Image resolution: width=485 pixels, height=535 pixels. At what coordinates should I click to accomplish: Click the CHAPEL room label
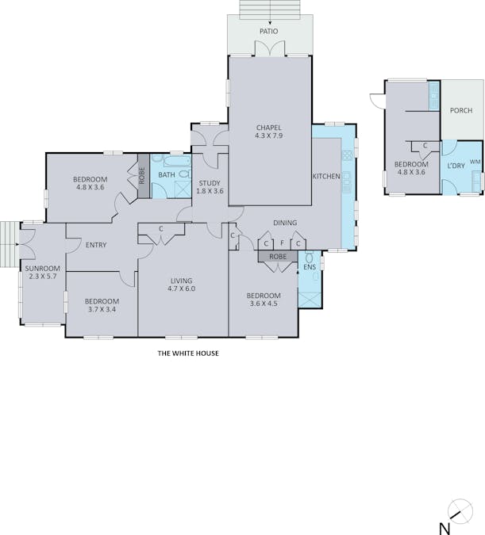tap(269, 128)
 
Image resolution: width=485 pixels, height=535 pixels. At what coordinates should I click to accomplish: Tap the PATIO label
tap(268, 32)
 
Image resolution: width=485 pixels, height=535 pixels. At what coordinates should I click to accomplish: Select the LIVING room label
tap(182, 281)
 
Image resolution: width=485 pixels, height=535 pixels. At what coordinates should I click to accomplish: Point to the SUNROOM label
tap(43, 269)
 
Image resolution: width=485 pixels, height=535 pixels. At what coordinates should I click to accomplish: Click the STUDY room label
tap(210, 183)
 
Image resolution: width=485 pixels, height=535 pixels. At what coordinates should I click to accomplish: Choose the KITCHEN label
tap(326, 177)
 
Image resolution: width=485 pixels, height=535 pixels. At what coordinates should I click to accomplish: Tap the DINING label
tap(285, 223)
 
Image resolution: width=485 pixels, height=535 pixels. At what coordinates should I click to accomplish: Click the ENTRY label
tap(96, 245)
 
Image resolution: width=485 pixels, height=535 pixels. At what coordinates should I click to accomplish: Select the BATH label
tap(167, 175)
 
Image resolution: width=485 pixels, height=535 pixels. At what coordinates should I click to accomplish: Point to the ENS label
tap(310, 267)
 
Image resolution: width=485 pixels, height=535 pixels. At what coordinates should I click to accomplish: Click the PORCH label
tap(461, 110)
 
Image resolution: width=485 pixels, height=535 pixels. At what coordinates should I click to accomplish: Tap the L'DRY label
tap(456, 166)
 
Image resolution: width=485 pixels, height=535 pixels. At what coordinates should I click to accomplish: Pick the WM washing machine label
tap(475, 162)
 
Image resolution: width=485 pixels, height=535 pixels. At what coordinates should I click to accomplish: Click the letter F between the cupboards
tap(282, 243)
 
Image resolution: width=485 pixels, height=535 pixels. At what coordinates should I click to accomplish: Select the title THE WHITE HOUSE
tap(188, 353)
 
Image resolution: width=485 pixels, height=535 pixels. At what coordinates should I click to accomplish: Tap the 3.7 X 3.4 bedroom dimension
tap(102, 309)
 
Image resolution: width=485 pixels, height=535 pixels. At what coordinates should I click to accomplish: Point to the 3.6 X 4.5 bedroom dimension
tap(264, 304)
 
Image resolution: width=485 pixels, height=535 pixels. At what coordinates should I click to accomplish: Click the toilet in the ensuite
tap(310, 257)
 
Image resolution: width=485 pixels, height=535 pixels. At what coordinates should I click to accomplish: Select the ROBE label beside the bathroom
tap(142, 176)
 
